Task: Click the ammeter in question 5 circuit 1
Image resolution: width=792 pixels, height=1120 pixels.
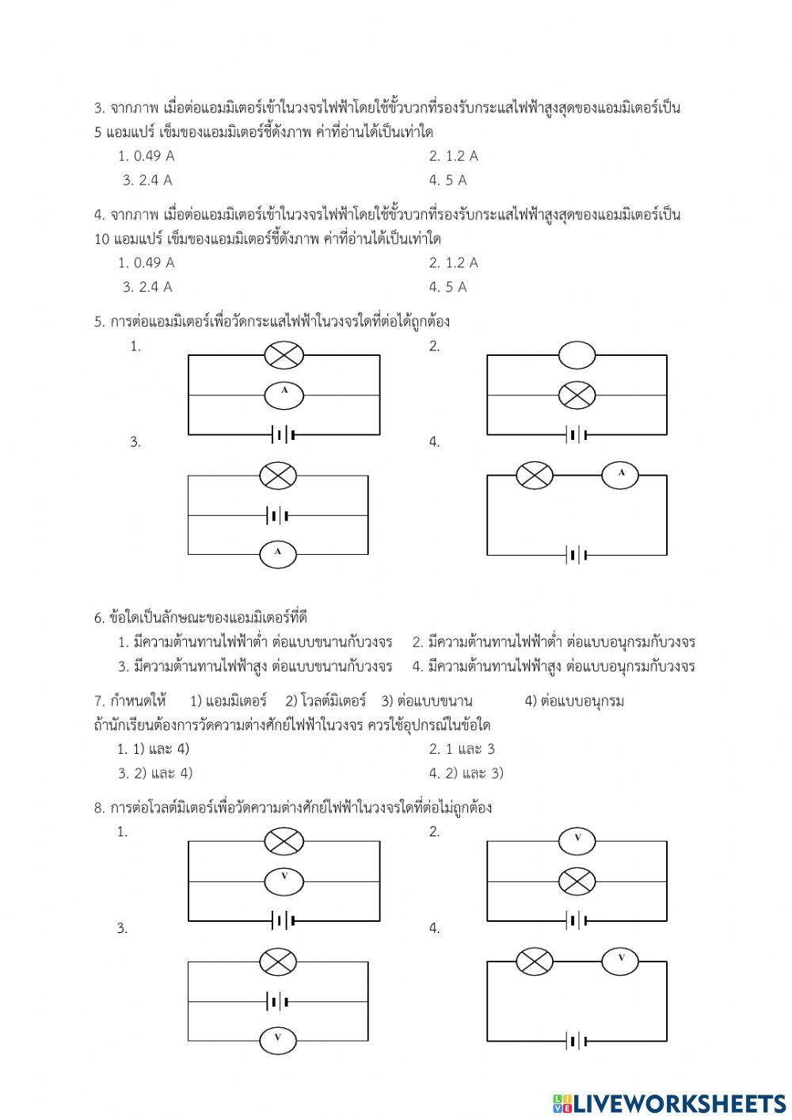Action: click(284, 395)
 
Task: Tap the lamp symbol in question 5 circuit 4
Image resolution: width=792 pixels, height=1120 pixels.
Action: click(535, 475)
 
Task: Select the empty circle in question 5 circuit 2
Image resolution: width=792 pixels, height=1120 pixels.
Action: click(577, 355)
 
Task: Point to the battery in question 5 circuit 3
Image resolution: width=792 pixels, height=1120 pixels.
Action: click(278, 516)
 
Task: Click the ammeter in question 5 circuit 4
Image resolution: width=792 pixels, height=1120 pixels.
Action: click(621, 475)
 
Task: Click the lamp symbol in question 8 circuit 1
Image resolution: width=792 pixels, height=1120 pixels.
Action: click(284, 841)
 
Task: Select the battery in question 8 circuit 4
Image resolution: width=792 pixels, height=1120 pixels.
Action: click(577, 1041)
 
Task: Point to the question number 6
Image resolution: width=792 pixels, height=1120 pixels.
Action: click(99, 617)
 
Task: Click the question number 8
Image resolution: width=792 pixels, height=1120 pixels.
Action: click(99, 808)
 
